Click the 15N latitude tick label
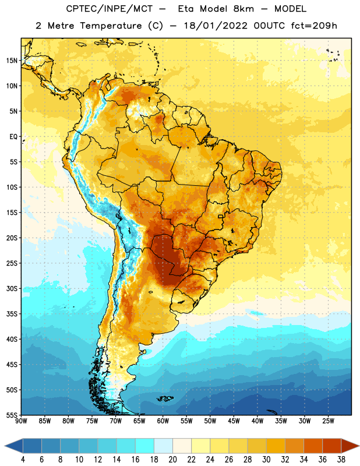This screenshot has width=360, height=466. pos(12,61)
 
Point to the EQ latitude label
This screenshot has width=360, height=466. pos(13,137)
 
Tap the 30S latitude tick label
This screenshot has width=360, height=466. pos(12,288)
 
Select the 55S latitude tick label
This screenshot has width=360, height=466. pos(12,415)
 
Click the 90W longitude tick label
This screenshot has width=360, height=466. pos(22,421)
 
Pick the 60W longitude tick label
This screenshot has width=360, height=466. pos(163,421)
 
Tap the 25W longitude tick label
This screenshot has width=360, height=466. pos(328,421)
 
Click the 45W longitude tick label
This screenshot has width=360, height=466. pos(234,421)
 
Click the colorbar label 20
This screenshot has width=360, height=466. pos(172,460)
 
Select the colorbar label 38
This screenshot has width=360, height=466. pos(341,460)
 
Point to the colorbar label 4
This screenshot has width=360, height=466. pos(23,460)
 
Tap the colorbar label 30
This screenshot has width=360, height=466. pos(266,460)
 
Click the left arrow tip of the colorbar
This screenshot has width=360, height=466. pos(5,446)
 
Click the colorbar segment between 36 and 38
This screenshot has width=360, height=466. pos(332,446)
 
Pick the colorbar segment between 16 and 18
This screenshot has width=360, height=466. pos(145,446)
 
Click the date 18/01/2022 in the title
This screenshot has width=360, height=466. pos(216,26)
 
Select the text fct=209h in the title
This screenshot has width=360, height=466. pos(314,26)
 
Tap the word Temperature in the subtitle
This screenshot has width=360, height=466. pos(111,26)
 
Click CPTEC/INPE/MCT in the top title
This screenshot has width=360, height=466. pos(110,9)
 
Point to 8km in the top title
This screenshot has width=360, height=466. pos(244,9)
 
